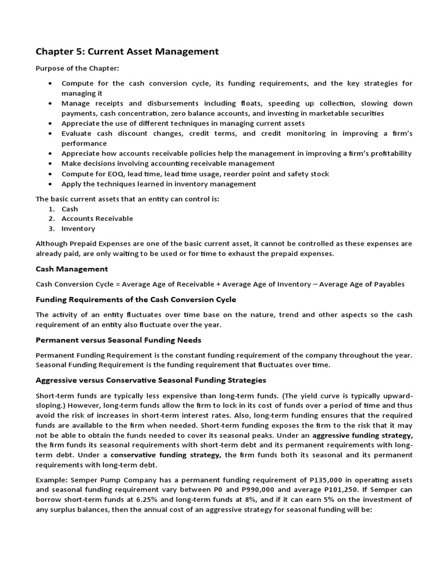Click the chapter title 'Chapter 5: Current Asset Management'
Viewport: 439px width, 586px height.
click(127, 52)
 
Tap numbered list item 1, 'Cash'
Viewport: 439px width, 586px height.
click(69, 209)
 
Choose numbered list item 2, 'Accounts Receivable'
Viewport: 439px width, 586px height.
click(97, 219)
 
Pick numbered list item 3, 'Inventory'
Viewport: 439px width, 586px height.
click(78, 228)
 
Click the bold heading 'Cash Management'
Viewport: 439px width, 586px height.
click(71, 269)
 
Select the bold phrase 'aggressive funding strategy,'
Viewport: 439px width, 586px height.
click(362, 435)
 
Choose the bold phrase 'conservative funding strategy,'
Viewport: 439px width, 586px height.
click(166, 455)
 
